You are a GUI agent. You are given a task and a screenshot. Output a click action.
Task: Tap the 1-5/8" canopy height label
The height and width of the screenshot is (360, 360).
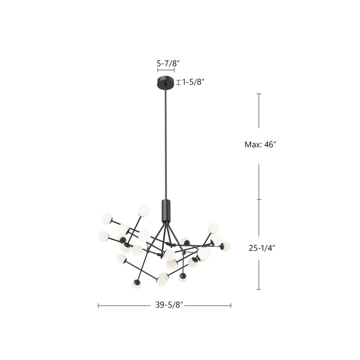194,82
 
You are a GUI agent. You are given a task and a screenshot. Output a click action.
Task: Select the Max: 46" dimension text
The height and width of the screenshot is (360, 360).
260,145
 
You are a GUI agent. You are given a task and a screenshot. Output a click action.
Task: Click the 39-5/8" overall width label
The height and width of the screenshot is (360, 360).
169,305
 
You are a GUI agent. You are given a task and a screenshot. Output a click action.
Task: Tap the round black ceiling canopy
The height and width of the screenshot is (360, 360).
166,82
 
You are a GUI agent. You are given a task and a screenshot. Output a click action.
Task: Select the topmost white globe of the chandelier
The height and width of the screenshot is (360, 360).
143,210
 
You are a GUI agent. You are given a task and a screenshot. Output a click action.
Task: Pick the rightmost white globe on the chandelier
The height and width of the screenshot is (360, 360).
225,246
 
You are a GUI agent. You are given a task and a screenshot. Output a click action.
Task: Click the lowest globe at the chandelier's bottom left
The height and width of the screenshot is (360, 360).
136,284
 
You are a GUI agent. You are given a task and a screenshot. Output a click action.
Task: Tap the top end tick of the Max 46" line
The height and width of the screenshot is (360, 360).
259,94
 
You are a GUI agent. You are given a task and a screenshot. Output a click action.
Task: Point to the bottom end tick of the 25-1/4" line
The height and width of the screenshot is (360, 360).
259,290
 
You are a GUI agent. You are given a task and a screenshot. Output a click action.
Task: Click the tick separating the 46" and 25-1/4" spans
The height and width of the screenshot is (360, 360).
259,200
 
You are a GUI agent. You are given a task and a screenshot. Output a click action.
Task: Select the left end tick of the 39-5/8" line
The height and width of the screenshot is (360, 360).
98,305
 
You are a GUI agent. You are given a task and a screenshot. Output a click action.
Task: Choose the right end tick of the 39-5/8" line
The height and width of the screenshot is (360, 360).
231,305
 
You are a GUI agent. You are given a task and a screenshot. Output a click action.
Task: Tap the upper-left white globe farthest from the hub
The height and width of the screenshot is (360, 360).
106,219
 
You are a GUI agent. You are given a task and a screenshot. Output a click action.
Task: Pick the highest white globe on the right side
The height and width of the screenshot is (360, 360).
213,228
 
